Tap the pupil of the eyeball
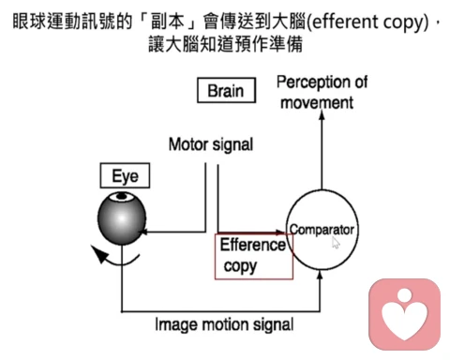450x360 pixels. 122,196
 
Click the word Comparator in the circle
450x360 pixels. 322,230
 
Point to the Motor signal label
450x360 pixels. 211,144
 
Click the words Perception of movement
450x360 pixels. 322,92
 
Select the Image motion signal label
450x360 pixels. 224,324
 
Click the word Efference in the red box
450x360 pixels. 253,245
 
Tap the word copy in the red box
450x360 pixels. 240,266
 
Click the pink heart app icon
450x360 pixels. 404,314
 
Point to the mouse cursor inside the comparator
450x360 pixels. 336,243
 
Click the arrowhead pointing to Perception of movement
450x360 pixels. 322,115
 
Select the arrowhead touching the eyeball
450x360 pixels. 144,232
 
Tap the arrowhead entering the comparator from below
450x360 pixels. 320,276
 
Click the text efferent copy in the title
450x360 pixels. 369,22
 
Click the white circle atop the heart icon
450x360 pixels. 405,295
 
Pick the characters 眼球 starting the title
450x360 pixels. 29,22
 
